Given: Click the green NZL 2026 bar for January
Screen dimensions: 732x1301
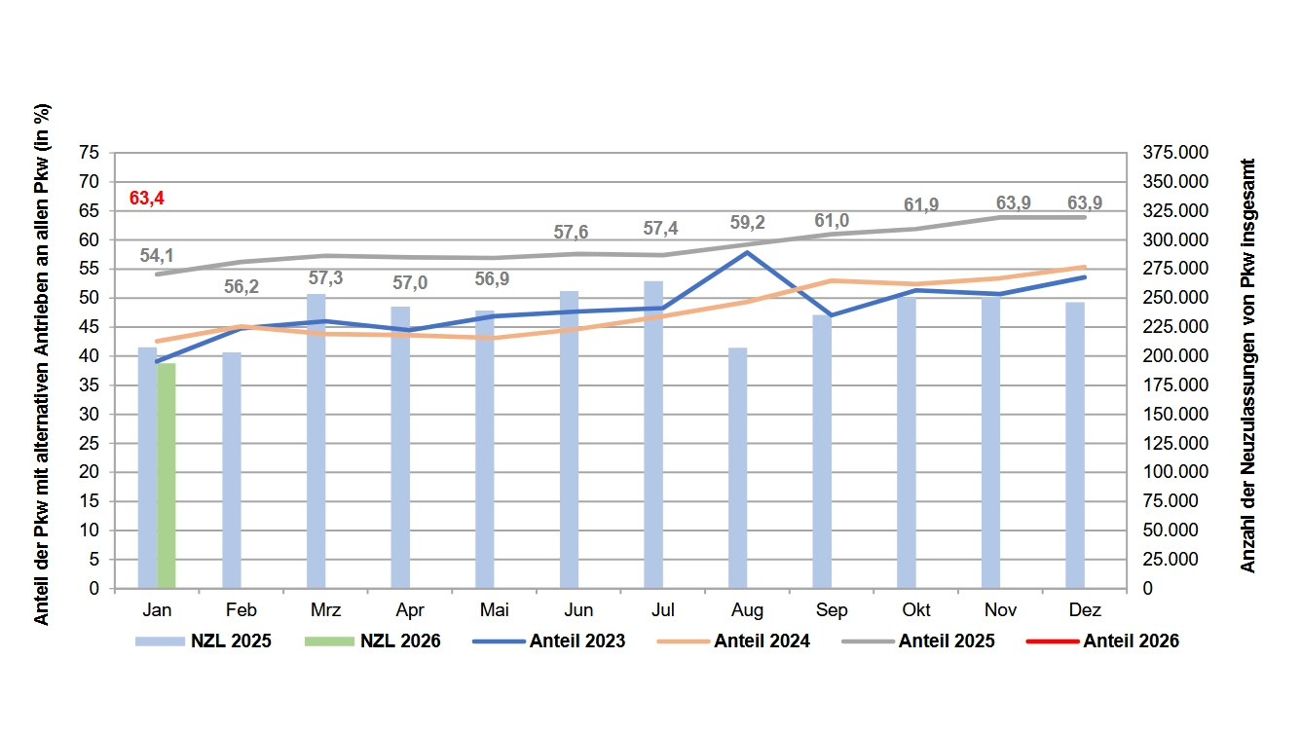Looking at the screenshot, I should coord(167,476).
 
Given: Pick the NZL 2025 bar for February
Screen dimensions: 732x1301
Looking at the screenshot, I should coord(232,470).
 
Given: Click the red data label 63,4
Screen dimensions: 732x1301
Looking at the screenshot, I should coord(147,199).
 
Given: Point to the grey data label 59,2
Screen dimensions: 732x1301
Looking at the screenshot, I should coord(747,222).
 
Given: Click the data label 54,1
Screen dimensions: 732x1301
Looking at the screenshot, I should coord(157,255).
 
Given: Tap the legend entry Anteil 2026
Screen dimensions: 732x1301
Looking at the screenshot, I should coord(1102,641).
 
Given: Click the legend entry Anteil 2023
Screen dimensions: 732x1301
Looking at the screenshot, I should coord(548,641).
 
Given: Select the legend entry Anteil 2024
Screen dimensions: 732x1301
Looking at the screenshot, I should coord(733,641).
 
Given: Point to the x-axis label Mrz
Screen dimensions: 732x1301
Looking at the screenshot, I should coord(325,610).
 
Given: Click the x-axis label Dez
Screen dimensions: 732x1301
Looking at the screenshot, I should coord(1085,610).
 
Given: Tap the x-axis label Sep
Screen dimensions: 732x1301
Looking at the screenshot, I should coord(832,610).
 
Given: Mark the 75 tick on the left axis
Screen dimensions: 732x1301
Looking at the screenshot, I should coord(90,153).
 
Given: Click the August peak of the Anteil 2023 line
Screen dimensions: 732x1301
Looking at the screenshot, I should coord(747,253).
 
